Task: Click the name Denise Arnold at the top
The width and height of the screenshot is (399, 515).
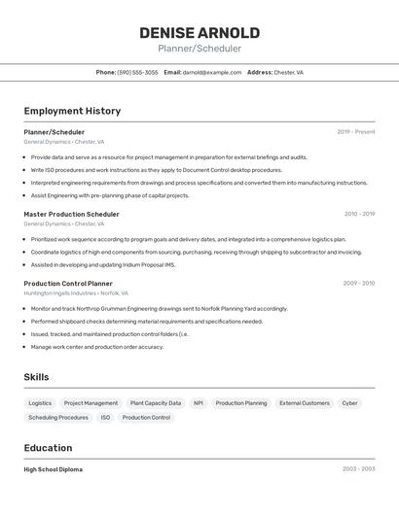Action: [199, 33]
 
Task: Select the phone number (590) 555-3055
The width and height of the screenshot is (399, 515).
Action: [137, 72]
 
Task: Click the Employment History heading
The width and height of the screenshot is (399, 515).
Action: [72, 111]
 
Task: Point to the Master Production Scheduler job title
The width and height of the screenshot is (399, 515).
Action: [71, 214]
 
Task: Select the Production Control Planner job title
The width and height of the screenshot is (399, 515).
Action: [68, 284]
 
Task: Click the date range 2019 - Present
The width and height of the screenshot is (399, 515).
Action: [355, 131]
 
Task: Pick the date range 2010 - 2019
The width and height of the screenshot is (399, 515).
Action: [359, 214]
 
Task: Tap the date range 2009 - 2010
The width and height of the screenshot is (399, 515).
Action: [358, 284]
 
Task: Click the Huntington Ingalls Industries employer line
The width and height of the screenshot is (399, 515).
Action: [76, 292]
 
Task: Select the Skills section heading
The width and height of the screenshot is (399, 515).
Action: [36, 377]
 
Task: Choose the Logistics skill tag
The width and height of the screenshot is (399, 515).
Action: [40, 403]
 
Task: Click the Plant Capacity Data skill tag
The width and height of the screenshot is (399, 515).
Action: [156, 403]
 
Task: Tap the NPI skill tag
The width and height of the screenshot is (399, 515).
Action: [199, 403]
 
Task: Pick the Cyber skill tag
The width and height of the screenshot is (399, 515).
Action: [349, 403]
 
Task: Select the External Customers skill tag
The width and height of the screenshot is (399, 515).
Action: [305, 403]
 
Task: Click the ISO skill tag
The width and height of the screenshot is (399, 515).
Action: [105, 418]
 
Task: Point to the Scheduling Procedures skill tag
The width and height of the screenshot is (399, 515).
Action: [58, 418]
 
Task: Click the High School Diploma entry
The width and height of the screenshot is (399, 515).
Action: [54, 469]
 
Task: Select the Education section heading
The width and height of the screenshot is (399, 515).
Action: [48, 448]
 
